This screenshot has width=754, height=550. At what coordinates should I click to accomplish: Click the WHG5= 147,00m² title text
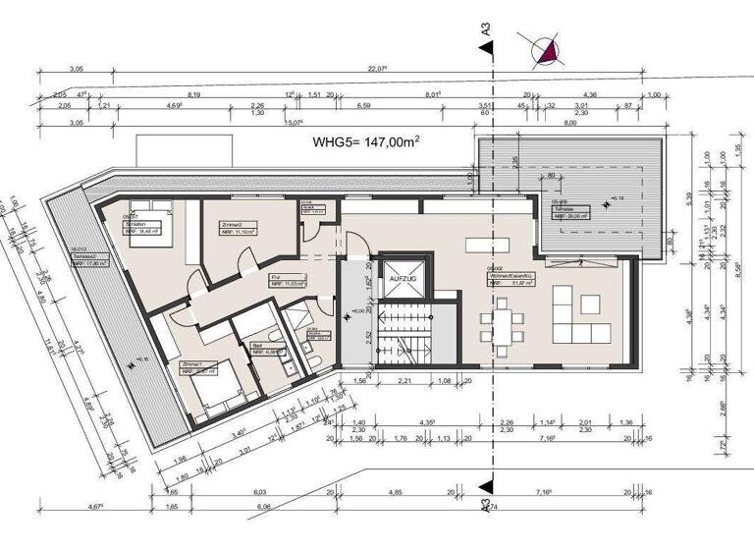coord(366,142)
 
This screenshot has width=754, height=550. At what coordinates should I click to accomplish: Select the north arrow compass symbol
coord(544,49)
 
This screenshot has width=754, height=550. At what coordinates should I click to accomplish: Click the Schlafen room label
coord(135,224)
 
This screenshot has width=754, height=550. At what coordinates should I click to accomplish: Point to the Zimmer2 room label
coord(231,225)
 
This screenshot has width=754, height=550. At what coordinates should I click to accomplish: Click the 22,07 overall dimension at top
coord(374,70)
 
